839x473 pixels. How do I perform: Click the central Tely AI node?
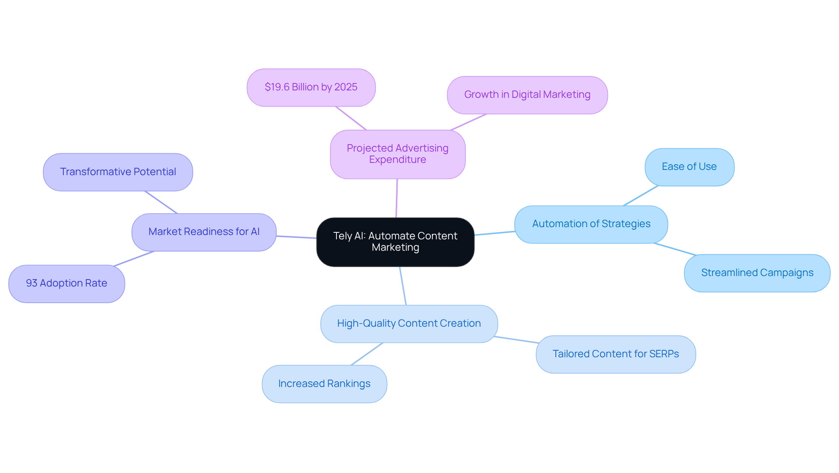coord(395,242)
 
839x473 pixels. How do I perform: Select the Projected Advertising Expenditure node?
coord(397,154)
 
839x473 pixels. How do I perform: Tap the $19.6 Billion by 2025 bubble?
coord(311,87)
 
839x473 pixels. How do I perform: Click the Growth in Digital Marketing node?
coord(527,95)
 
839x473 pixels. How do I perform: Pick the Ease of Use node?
coord(689,167)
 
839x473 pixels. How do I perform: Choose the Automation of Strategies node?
coord(591,224)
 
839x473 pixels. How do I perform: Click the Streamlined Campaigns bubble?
coord(757,273)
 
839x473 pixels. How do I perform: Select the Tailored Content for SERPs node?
coord(615,354)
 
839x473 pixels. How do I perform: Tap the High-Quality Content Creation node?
coord(409,324)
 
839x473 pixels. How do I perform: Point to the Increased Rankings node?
coord(324,384)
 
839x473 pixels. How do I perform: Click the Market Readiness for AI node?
coord(204,232)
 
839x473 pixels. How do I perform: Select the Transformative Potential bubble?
coord(118,172)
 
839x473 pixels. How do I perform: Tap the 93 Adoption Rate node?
coord(66,283)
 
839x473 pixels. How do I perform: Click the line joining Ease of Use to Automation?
coord(641,196)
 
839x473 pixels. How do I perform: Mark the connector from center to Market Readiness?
coord(296,237)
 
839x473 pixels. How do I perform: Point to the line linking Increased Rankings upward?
coord(367,354)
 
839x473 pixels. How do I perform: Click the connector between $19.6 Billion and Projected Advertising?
coord(351,118)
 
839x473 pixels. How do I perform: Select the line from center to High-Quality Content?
coord(403,286)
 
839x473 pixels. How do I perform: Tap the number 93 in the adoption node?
coord(31,283)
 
